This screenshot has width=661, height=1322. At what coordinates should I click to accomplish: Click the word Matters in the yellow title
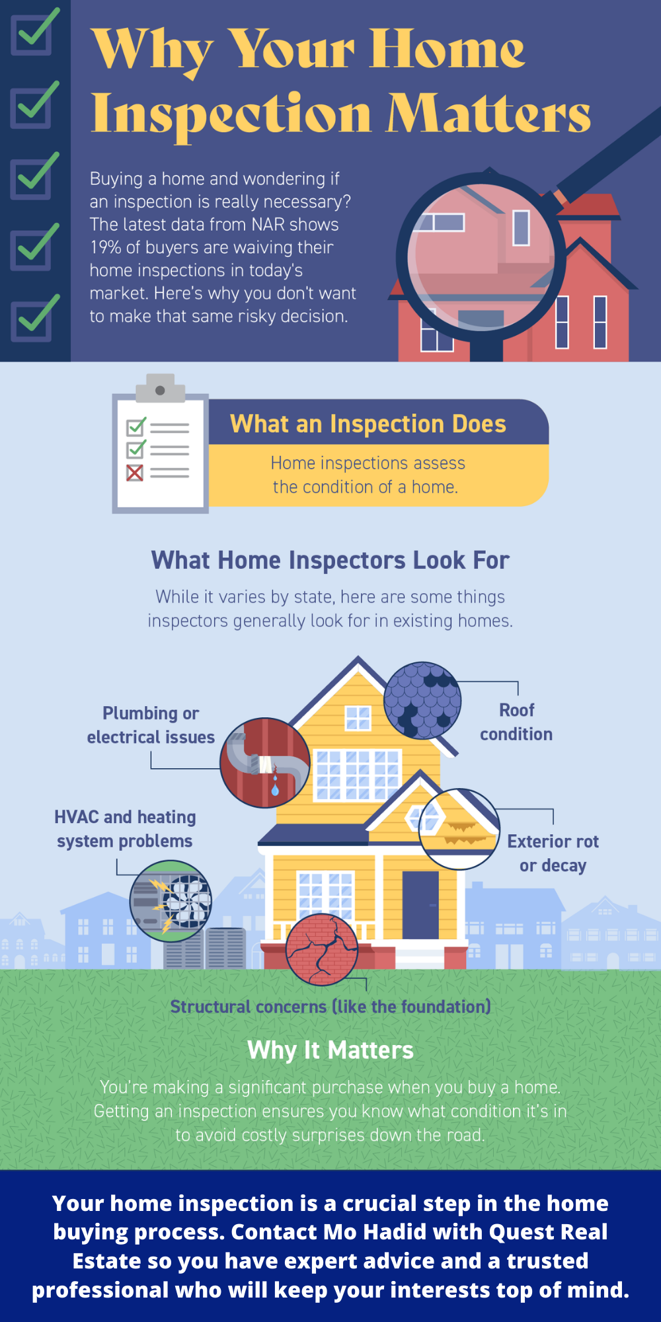point(488,113)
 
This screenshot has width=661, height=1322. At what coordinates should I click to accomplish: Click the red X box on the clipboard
point(135,473)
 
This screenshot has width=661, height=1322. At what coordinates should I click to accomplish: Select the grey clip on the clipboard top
point(160,388)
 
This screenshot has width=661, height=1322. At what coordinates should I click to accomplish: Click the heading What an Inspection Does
point(368,424)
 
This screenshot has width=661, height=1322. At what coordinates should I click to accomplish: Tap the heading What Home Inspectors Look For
point(330,561)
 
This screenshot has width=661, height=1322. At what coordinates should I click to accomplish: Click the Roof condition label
point(516,722)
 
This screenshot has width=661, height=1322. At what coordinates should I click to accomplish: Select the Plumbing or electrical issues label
point(151,725)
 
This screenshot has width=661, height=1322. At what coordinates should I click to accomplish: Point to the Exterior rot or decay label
point(553,853)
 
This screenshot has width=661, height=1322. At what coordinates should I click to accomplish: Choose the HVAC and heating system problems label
point(125,829)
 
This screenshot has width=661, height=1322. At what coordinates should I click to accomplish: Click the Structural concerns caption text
point(330,1007)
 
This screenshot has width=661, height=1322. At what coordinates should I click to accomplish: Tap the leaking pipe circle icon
point(265,763)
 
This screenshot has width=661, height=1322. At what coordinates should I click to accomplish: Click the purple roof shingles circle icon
point(422,701)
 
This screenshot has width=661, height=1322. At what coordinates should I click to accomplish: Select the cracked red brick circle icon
point(322,950)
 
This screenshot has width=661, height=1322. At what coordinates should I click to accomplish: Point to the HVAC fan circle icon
point(171,901)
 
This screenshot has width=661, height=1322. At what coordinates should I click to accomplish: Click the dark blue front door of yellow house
point(420,905)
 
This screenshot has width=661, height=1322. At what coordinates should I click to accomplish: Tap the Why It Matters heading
point(330,1050)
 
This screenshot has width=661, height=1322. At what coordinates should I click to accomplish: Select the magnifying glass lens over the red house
point(481,258)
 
